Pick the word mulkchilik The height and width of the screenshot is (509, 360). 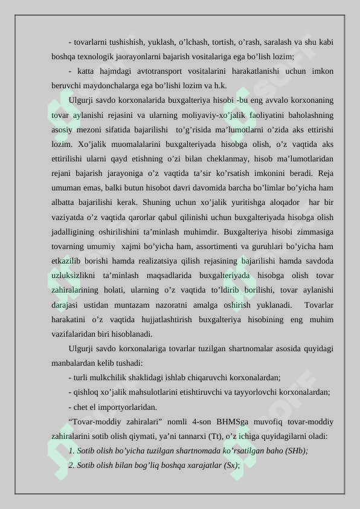click(114, 377)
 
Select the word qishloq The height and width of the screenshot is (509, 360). click(85, 392)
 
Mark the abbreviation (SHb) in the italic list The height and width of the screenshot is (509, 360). click(296, 450)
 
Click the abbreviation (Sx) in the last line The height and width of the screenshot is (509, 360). click(231, 465)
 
